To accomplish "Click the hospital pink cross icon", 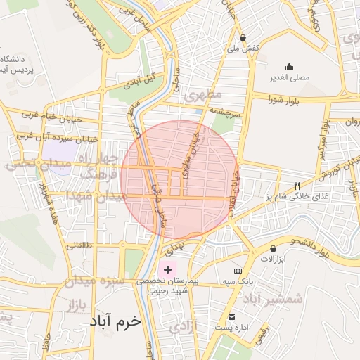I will point(167,269).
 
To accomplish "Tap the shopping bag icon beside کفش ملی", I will point(243,38).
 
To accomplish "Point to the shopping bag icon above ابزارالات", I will point(272,248).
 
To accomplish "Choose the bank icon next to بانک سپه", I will point(238,271).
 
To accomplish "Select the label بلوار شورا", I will point(283,101).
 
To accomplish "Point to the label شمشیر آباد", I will point(274,299).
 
